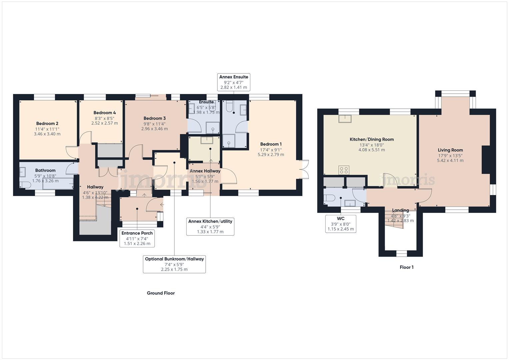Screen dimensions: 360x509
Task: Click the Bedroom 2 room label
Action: [x=47, y=123]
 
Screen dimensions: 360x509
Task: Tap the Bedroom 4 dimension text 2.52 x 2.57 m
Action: [x=105, y=123]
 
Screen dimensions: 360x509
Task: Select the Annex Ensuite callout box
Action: [x=234, y=82]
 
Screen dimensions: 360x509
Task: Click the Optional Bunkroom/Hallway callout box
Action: [x=174, y=264]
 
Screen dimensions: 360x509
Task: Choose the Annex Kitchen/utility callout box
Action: [x=210, y=226]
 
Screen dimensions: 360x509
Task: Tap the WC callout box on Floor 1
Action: [x=341, y=224]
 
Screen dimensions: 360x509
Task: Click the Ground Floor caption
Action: [x=161, y=293]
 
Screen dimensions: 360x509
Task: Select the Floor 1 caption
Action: [x=407, y=267]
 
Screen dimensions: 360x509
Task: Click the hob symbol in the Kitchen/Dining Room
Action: [x=344, y=170]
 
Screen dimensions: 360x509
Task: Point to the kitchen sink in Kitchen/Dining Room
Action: [x=345, y=118]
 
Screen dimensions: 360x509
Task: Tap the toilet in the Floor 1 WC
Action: [x=329, y=198]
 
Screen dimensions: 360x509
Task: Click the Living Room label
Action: [x=450, y=150]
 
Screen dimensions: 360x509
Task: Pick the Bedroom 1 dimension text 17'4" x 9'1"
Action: [x=271, y=149]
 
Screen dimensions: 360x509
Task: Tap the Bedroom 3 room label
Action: [x=155, y=118]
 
